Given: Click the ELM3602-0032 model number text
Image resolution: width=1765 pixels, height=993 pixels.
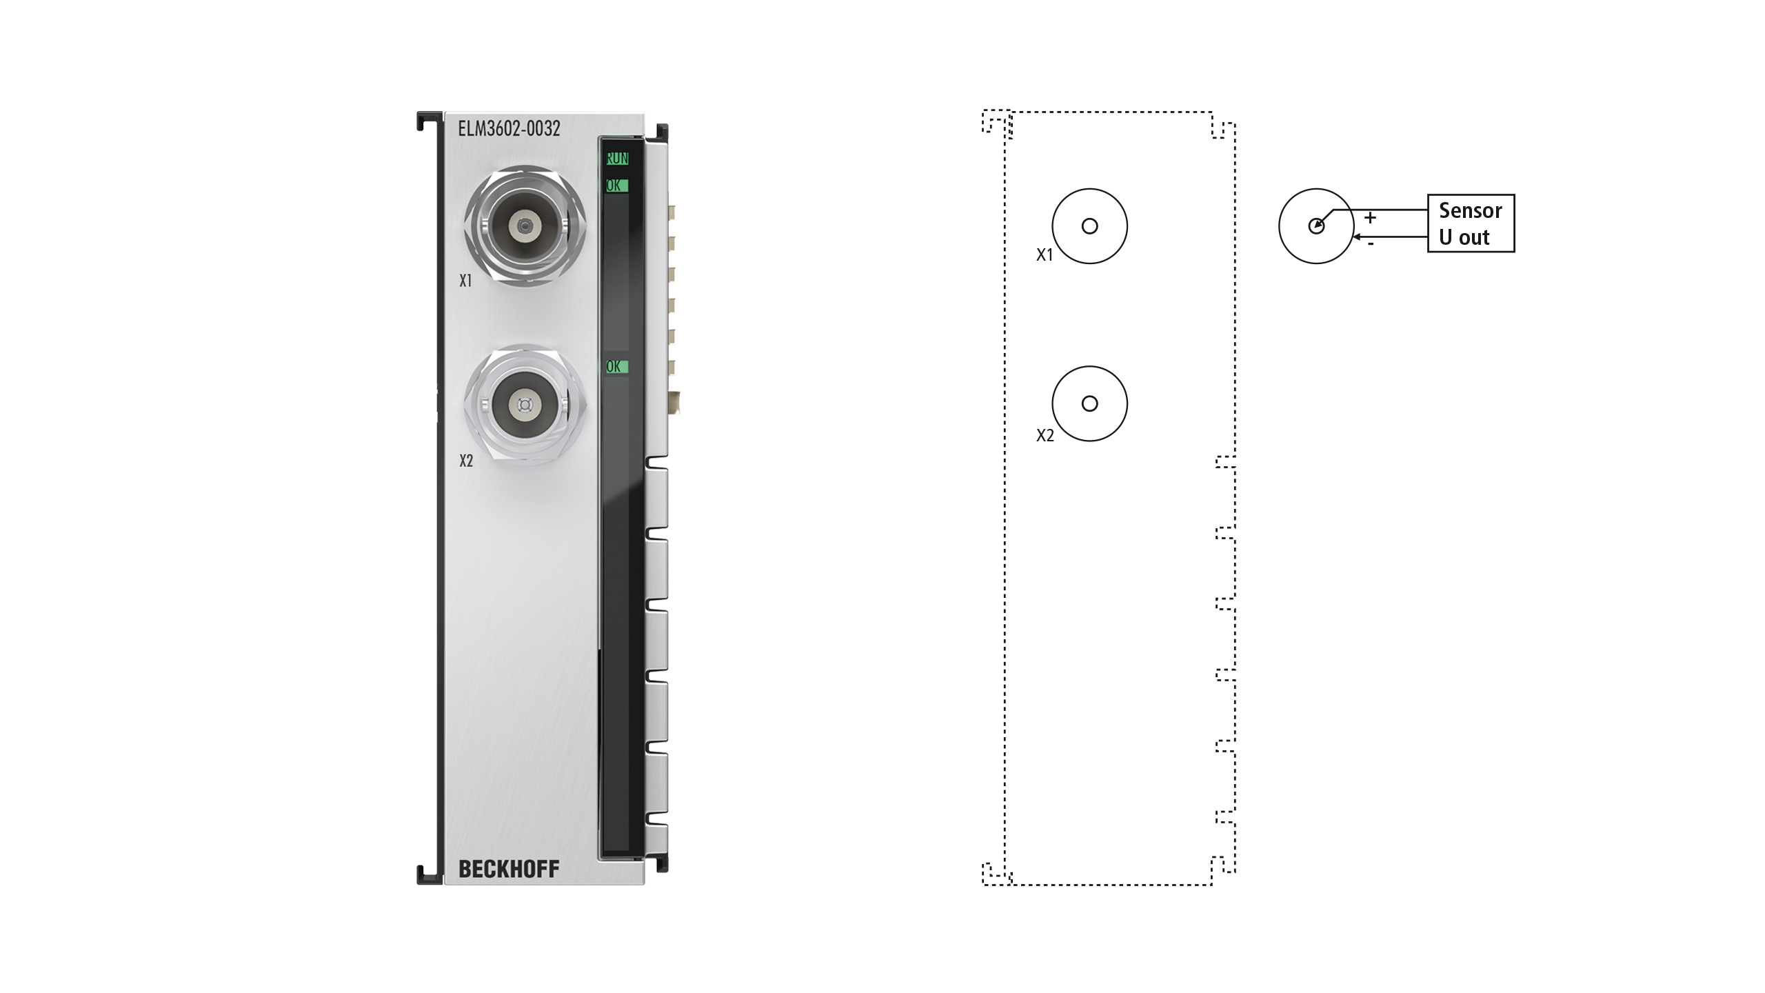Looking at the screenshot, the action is [x=509, y=129].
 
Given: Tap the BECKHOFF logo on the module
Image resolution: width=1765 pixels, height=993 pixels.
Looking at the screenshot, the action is [x=509, y=869].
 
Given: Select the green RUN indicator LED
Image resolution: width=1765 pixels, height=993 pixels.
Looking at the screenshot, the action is [x=617, y=159].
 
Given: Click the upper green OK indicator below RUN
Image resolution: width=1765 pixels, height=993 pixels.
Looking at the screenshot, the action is [x=616, y=185].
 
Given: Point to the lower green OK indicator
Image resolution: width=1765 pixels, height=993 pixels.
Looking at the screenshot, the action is [x=616, y=367].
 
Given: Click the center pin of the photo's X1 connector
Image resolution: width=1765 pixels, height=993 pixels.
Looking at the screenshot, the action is [x=525, y=225].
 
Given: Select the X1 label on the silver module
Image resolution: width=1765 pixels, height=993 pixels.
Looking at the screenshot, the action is [x=465, y=281].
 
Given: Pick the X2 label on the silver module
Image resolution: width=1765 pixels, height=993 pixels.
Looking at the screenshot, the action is [x=466, y=461].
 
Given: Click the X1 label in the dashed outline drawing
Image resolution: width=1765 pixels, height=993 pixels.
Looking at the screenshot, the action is [x=1045, y=255].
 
